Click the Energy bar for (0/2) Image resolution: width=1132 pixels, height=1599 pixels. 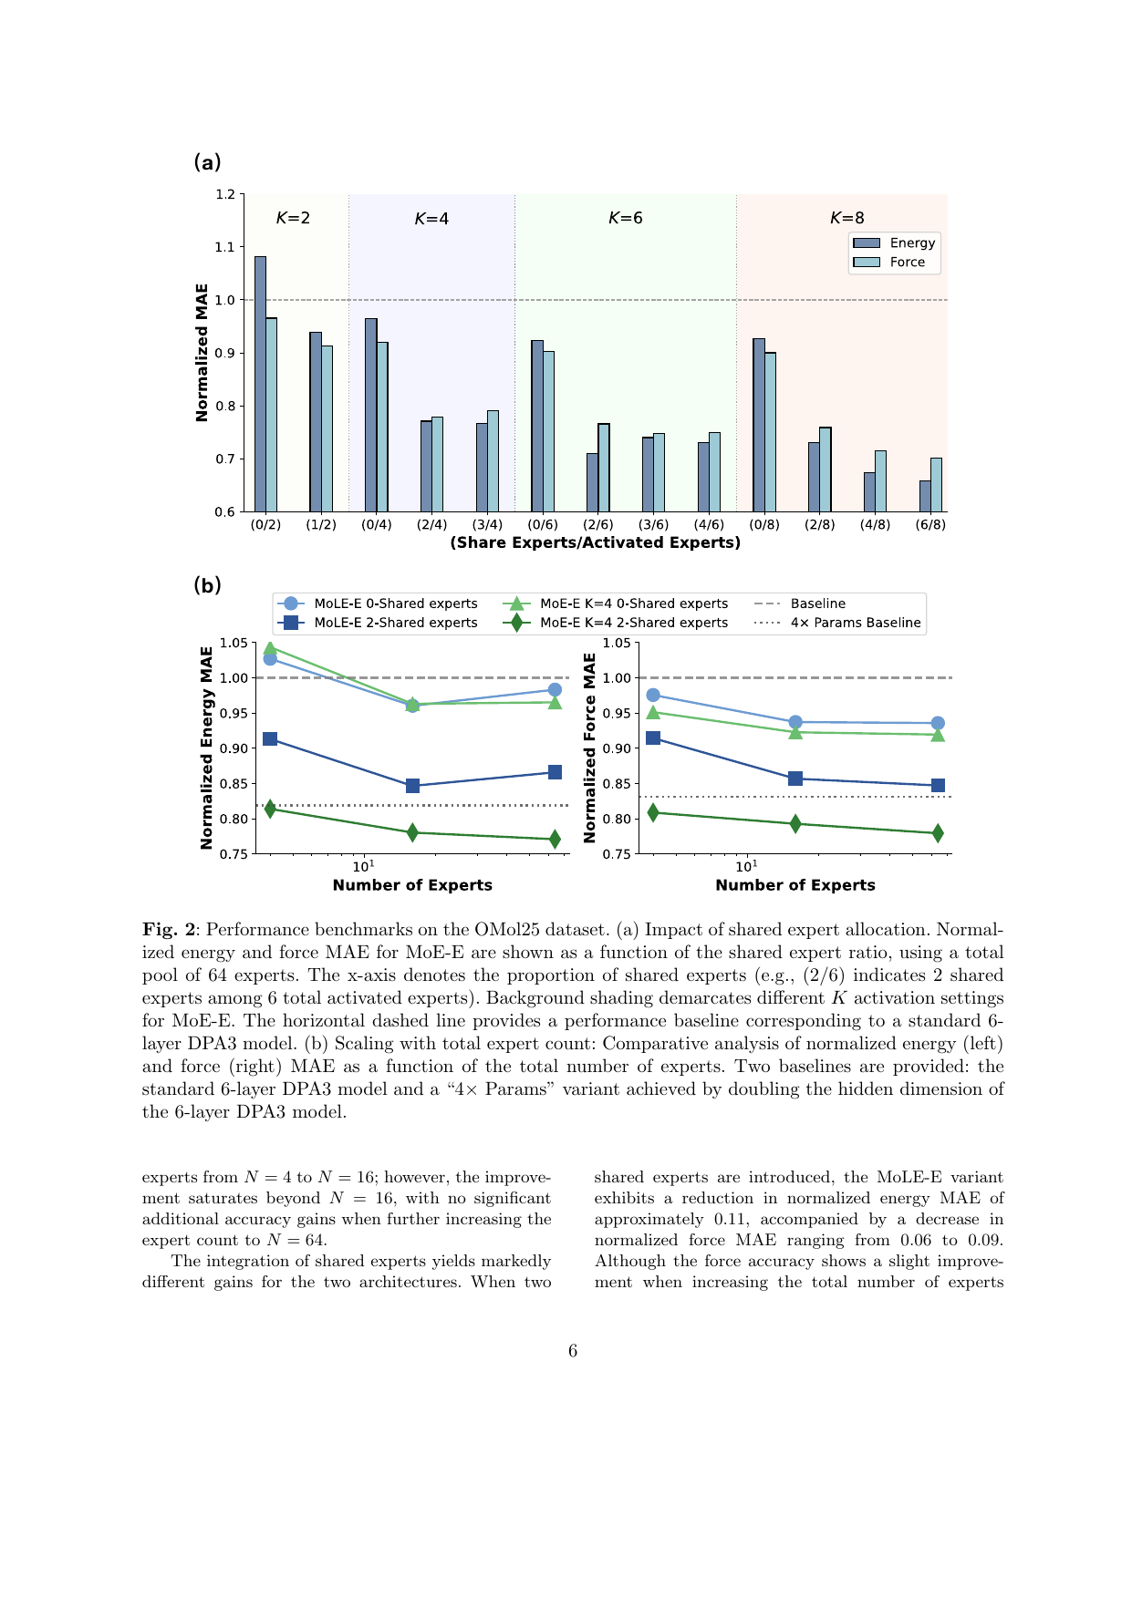[x=260, y=384]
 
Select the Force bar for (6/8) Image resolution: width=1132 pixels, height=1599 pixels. [x=936, y=485]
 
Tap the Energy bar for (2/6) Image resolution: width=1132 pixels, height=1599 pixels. [x=592, y=482]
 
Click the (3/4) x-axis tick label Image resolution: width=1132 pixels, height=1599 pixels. [x=487, y=525]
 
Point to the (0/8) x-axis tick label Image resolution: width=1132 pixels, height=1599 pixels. [x=764, y=525]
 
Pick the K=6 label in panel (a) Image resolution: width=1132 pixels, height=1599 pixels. [x=626, y=218]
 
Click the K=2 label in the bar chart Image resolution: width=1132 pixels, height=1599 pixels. [x=293, y=218]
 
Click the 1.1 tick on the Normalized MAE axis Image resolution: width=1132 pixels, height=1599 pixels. [x=225, y=247]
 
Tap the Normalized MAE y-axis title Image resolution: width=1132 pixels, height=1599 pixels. [x=203, y=353]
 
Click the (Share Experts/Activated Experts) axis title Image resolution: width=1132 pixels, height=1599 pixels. [x=595, y=543]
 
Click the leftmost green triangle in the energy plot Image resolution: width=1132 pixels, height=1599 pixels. [x=270, y=648]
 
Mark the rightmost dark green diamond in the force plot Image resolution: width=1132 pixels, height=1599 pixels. [x=938, y=833]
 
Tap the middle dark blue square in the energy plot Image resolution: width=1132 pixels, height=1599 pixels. [x=412, y=786]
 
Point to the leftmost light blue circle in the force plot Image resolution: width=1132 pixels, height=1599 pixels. [x=653, y=695]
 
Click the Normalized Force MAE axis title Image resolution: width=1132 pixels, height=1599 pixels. [x=590, y=748]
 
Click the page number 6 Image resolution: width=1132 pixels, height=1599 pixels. [x=573, y=1351]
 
